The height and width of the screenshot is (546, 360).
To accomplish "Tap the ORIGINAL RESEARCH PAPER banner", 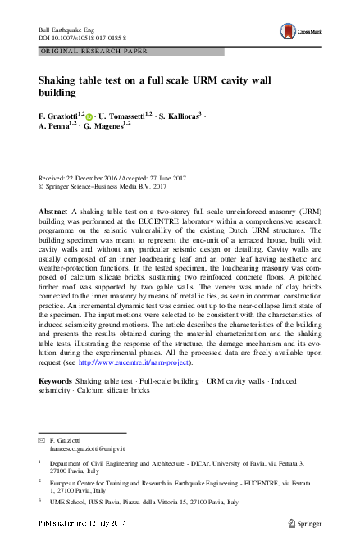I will [93, 51].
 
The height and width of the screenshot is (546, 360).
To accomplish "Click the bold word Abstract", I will [53, 211].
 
